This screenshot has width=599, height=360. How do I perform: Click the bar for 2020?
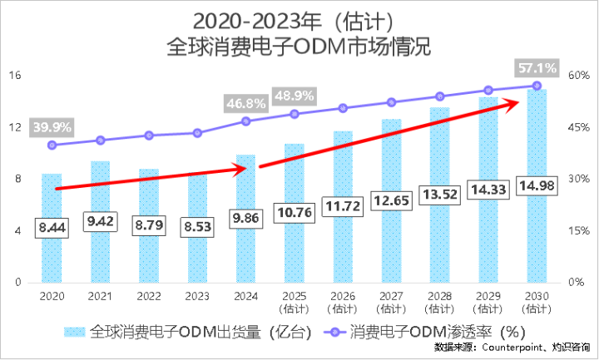(52, 249)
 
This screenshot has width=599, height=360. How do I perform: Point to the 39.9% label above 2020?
(52, 127)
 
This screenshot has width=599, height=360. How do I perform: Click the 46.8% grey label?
(245, 104)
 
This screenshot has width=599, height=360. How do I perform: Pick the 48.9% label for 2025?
(294, 95)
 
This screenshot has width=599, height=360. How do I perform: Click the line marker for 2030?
(537, 86)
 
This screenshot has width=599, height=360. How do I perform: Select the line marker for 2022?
(149, 136)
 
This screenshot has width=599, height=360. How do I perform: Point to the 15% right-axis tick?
(578, 231)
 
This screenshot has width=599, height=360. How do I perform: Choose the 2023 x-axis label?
(197, 295)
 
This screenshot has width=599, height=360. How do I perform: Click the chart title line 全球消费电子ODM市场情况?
(299, 43)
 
